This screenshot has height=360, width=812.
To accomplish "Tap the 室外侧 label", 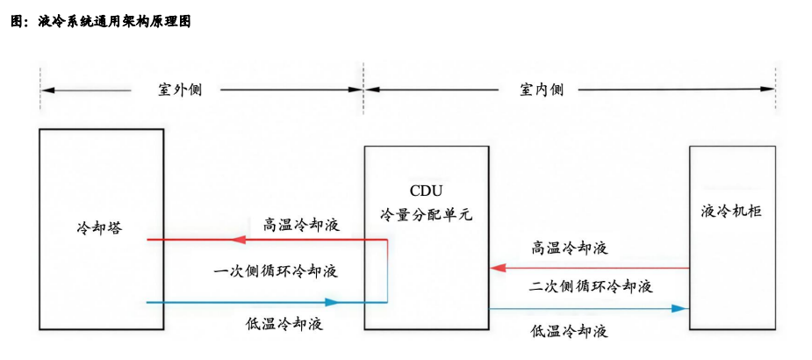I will (x=179, y=90).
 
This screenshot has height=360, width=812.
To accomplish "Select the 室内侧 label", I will (x=542, y=90).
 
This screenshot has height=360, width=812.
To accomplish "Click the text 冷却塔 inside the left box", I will (x=99, y=227).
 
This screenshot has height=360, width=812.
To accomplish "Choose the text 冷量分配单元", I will (x=426, y=213).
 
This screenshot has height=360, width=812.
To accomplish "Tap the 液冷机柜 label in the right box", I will (x=731, y=211).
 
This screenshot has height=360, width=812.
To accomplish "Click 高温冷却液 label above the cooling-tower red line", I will (x=303, y=223).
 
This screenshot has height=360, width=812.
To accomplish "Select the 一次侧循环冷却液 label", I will (x=276, y=270).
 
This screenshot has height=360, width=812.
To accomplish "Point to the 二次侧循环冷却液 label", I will (x=591, y=287).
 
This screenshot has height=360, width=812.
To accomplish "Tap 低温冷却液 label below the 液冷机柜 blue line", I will (x=570, y=331).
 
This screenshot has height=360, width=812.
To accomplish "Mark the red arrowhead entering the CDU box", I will (x=495, y=267).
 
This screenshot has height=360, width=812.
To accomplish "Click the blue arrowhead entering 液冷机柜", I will (x=679, y=308).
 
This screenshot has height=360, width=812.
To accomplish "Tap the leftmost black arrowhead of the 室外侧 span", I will (x=47, y=90).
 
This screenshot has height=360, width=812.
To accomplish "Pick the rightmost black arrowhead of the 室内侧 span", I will (x=770, y=89).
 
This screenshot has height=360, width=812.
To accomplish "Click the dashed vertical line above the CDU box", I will (x=364, y=105).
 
